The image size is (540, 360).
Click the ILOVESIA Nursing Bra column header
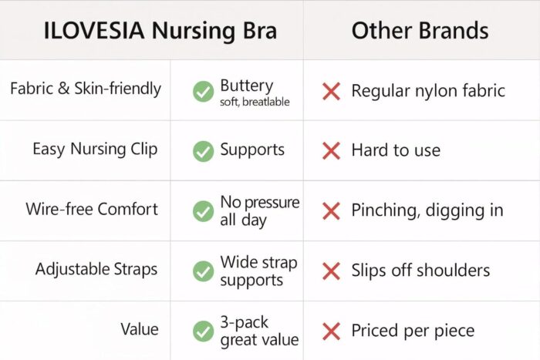coord(160,30)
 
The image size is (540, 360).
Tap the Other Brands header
coord(420,30)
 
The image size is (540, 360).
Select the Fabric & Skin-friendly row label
coord(86,89)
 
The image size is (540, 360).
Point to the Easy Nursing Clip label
coord(95,149)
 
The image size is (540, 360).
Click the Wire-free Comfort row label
coord(92,209)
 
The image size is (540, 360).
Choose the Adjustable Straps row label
coord(96,269)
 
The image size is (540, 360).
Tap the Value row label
coord(140,329)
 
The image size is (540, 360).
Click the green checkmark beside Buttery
coord(203,92)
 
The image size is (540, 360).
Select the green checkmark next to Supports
coord(203,151)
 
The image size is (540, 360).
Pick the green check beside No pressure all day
coord(203,211)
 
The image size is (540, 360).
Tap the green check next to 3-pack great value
coord(203,331)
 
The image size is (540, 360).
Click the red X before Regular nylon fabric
coord(331,91)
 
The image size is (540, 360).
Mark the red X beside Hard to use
coord(331,151)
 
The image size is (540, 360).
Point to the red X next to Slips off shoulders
coord(331,271)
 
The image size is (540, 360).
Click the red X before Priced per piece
coord(331,331)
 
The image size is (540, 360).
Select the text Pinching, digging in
coord(427,210)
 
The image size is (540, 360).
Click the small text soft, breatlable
coord(255,102)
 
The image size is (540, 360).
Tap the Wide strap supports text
coord(258,271)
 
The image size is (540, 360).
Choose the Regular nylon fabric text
coord(428,91)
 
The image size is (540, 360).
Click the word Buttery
coord(247,86)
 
